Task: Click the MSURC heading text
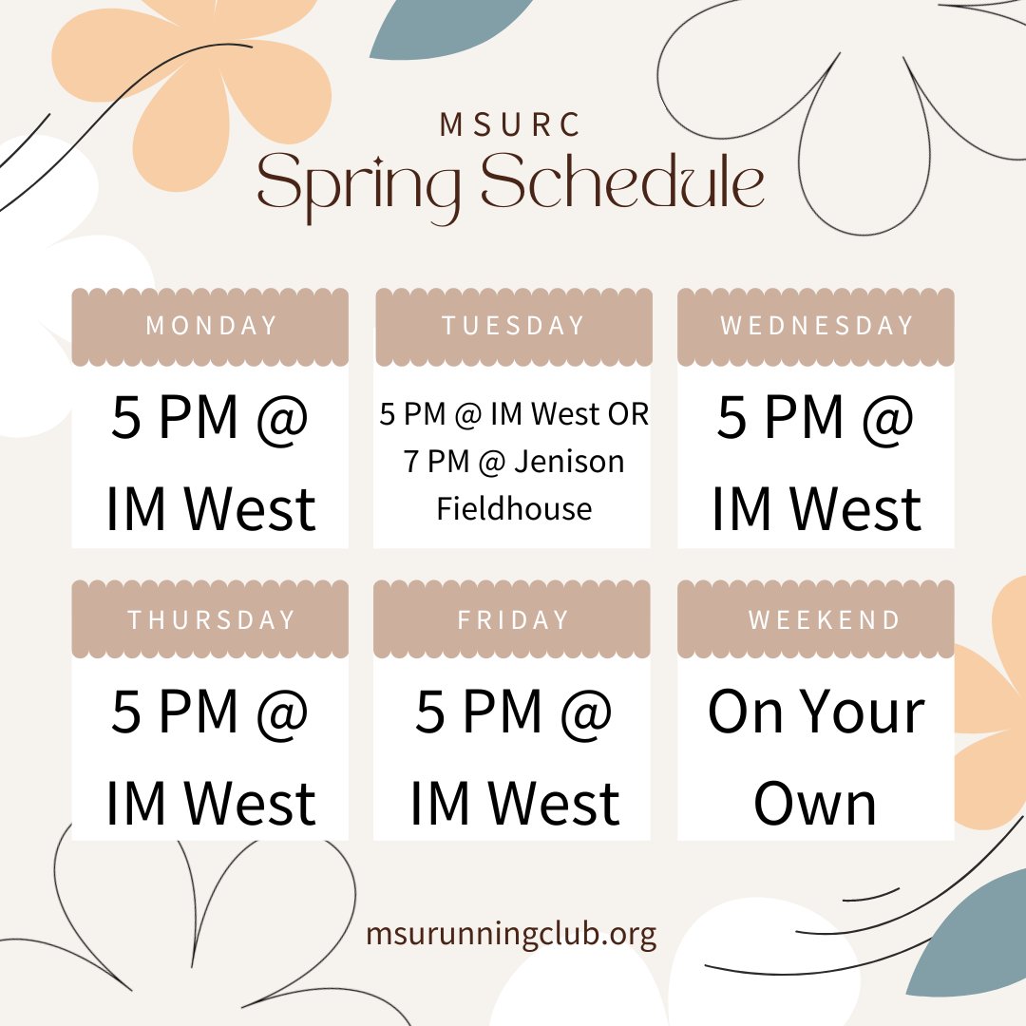coord(511,124)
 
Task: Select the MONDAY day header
coord(211,326)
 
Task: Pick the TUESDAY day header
coord(513,326)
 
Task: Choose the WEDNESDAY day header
coord(817,326)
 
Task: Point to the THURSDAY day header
coord(211,620)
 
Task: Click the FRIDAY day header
coord(513,620)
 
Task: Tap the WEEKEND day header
coord(824,620)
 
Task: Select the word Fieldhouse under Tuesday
coord(514,509)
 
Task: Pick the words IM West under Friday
coord(514,803)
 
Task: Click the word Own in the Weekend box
coord(815,803)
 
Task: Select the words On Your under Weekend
coord(815,712)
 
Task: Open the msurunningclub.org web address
coord(511,934)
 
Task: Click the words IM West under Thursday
coord(211,803)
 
